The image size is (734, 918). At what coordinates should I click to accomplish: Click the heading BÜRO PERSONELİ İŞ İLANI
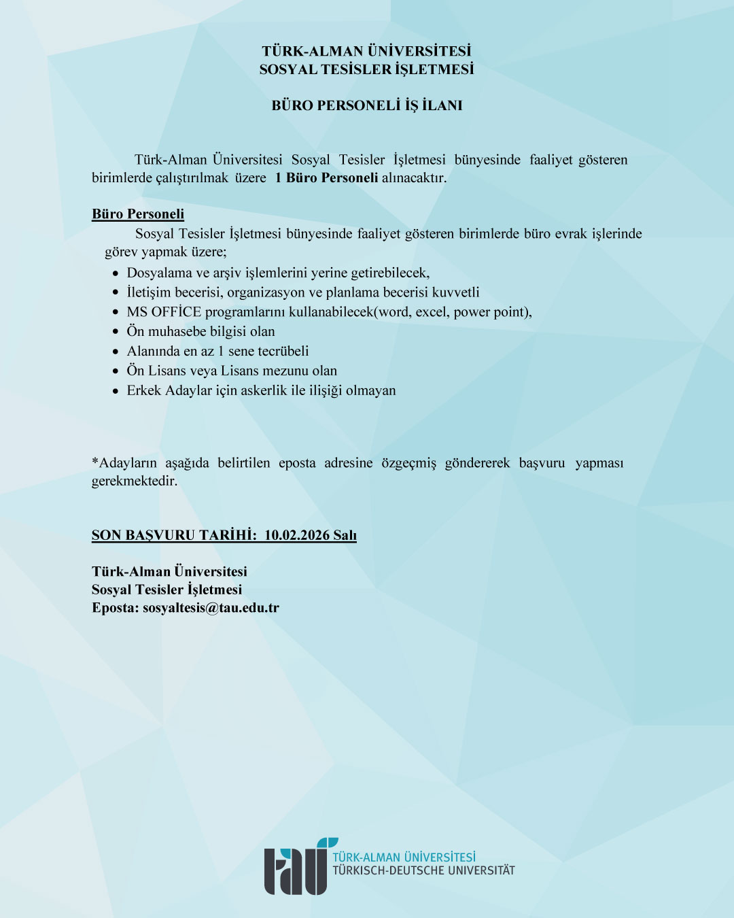(367, 105)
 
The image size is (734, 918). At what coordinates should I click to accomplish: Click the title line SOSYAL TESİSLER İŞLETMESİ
(367, 69)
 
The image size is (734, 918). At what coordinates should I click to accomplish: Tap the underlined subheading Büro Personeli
(138, 214)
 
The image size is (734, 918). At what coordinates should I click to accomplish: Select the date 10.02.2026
(296, 535)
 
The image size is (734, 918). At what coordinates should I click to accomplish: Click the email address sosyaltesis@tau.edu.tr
(211, 608)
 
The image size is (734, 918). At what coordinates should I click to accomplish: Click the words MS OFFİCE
(164, 312)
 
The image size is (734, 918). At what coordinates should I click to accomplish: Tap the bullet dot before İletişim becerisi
(116, 293)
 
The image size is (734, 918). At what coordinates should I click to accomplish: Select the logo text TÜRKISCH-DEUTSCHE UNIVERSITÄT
(423, 870)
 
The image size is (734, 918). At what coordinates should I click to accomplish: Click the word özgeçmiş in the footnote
(408, 463)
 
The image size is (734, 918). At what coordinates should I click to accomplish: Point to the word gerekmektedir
(134, 481)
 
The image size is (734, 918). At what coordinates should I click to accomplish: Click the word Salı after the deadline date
(345, 535)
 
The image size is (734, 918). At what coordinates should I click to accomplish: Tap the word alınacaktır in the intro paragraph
(414, 178)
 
